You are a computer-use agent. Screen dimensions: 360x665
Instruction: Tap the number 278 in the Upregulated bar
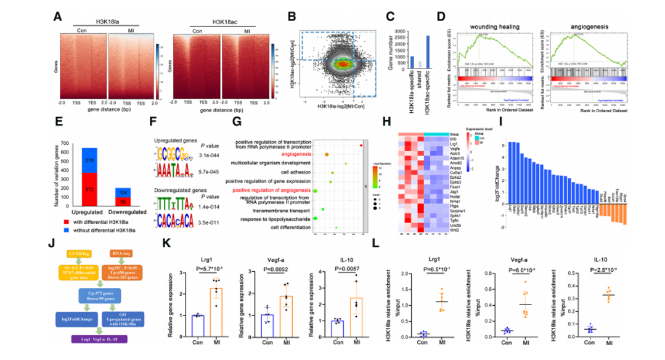pyautogui.click(x=89, y=161)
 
